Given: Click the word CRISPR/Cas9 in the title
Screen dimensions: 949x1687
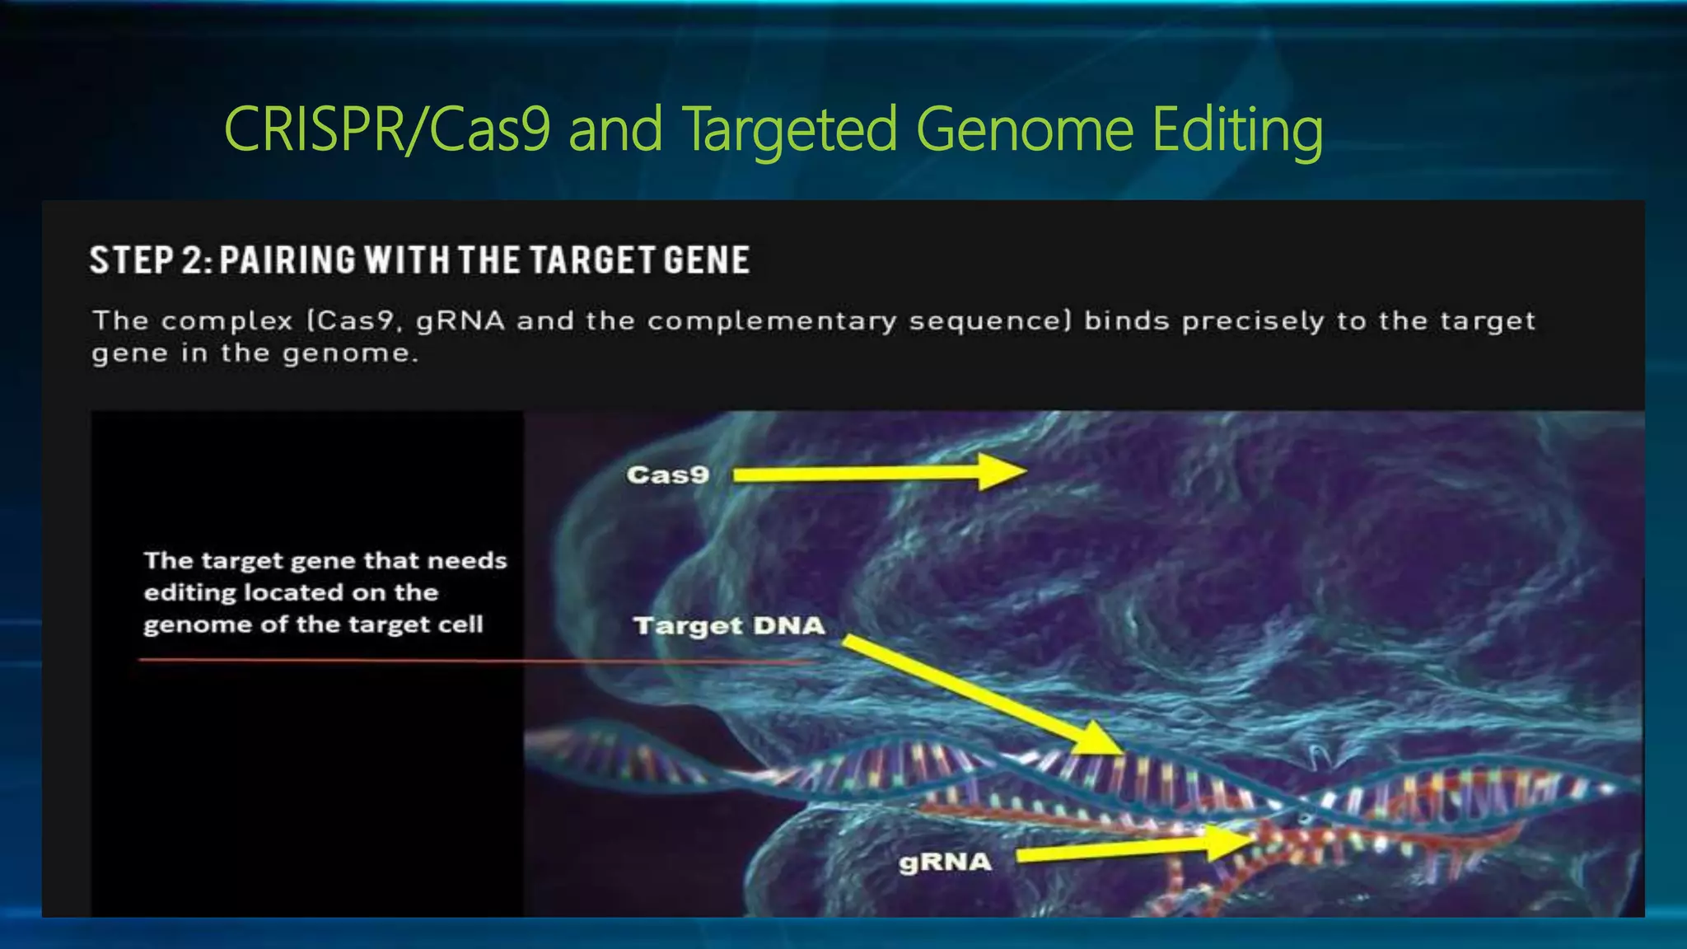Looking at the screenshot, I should click(386, 129).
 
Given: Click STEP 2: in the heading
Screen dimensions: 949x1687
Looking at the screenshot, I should click(151, 260).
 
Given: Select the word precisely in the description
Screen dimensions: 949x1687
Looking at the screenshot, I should click(1253, 320).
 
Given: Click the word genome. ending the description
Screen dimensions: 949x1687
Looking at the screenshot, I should click(351, 354).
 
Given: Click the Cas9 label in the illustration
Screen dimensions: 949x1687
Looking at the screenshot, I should click(667, 475).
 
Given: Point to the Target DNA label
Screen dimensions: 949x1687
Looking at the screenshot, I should click(729, 626).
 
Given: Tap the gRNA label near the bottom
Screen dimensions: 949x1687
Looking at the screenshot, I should click(945, 863).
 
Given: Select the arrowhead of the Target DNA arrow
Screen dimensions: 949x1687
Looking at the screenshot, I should click(1100, 738).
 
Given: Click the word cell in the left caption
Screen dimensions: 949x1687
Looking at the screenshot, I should click(460, 624).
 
